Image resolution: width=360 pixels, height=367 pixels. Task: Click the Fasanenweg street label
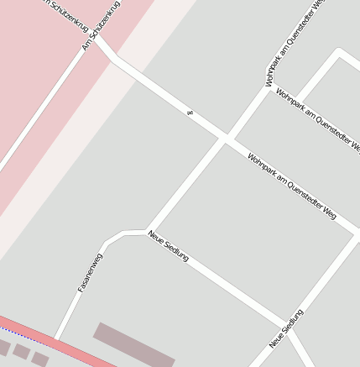click(90, 272)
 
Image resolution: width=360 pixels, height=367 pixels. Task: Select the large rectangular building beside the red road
click(133, 344)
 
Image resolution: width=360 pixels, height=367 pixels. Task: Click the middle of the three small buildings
click(21, 352)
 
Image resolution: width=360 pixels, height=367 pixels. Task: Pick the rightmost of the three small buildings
click(39, 359)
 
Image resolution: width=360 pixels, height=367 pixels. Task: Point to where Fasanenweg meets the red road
click(56, 339)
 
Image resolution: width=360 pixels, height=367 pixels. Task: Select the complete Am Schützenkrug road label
click(102, 26)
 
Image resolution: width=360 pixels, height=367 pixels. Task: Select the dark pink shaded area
click(50, 50)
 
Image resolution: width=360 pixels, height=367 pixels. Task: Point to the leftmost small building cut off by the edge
click(3, 346)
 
